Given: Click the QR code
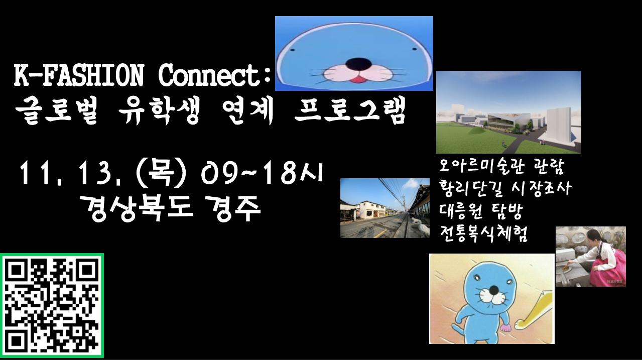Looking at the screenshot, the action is click(x=52, y=306).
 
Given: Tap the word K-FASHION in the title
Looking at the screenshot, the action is click(x=79, y=75).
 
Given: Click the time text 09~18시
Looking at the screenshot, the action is click(x=262, y=173).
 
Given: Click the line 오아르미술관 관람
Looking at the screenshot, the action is click(x=501, y=167).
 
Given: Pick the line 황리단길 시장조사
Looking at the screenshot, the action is click(x=505, y=189).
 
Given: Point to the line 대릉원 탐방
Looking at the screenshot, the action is click(x=481, y=211).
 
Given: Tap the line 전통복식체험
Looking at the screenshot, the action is click(x=483, y=233).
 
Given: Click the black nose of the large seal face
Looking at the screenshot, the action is click(x=358, y=64).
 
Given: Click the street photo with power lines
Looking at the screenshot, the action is click(x=385, y=208).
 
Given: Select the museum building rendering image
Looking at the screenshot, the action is click(x=508, y=112).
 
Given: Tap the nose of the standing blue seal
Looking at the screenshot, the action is click(x=493, y=290).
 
